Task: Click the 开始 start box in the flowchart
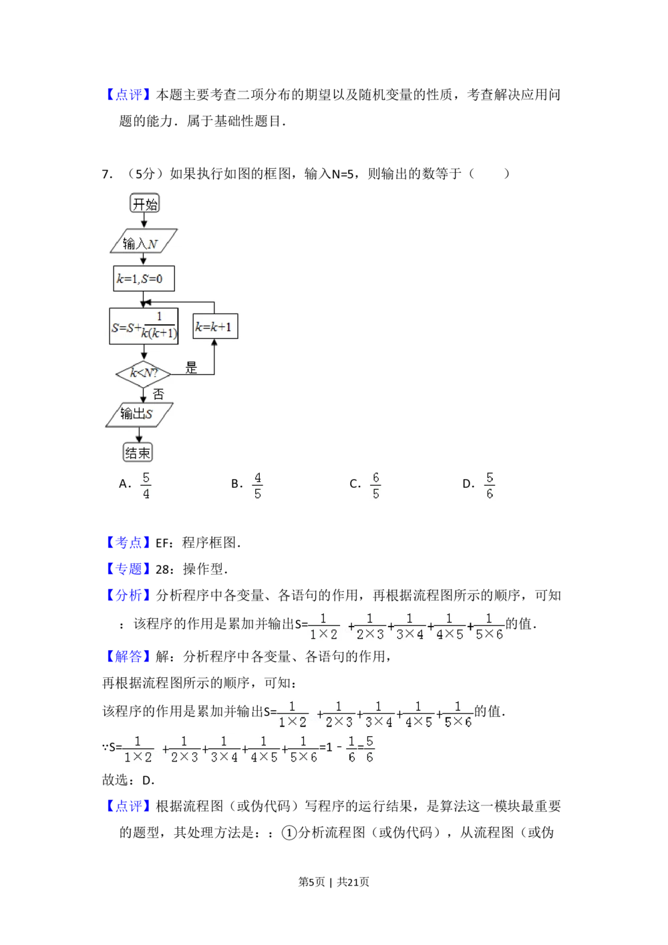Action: pos(145,204)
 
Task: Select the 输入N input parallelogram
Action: pos(144,242)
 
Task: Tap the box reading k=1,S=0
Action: pos(144,279)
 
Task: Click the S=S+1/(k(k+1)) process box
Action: pos(144,326)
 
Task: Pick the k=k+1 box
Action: pos(215,327)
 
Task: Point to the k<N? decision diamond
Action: pos(143,374)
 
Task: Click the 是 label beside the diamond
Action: pos(192,368)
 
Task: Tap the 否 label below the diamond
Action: pos(158,394)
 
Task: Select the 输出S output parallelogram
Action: pos(139,414)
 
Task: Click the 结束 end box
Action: pos(138,453)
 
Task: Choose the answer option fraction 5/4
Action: pos(146,486)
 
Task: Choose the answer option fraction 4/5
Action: pos(259,486)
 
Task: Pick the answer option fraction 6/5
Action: pos(376,486)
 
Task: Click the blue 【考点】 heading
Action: pos(128,542)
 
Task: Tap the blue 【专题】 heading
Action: pos(128,569)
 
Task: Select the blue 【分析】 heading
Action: pos(128,595)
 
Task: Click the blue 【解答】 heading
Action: pos(128,657)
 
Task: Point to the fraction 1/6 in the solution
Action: pos(351,750)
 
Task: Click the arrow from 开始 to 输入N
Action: pos(144,221)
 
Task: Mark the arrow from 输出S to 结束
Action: pos(139,434)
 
